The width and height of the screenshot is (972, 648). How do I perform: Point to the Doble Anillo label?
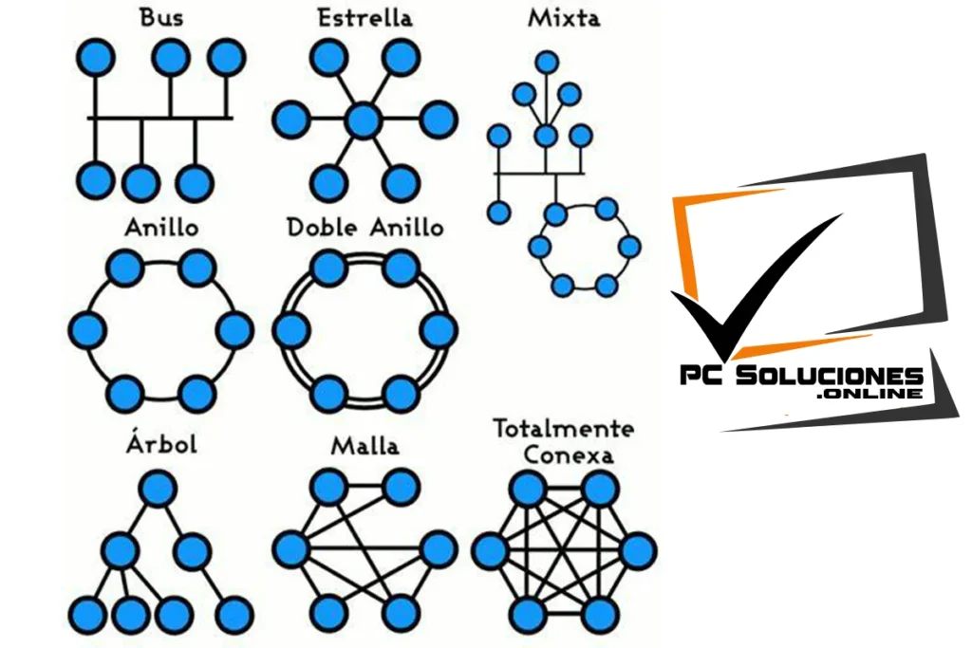click(x=364, y=228)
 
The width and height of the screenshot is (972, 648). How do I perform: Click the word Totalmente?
click(x=563, y=428)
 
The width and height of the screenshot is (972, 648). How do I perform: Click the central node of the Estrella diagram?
click(x=363, y=120)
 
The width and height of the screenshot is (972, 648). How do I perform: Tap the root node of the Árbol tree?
click(x=159, y=490)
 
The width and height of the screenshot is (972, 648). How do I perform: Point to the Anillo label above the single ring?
click(x=161, y=228)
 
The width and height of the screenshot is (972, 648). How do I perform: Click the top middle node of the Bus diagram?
click(x=171, y=58)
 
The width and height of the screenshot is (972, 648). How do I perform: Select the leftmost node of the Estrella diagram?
click(x=290, y=120)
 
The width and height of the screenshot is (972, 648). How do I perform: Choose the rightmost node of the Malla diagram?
click(x=439, y=550)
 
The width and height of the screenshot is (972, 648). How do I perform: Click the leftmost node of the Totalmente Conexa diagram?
click(x=490, y=550)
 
